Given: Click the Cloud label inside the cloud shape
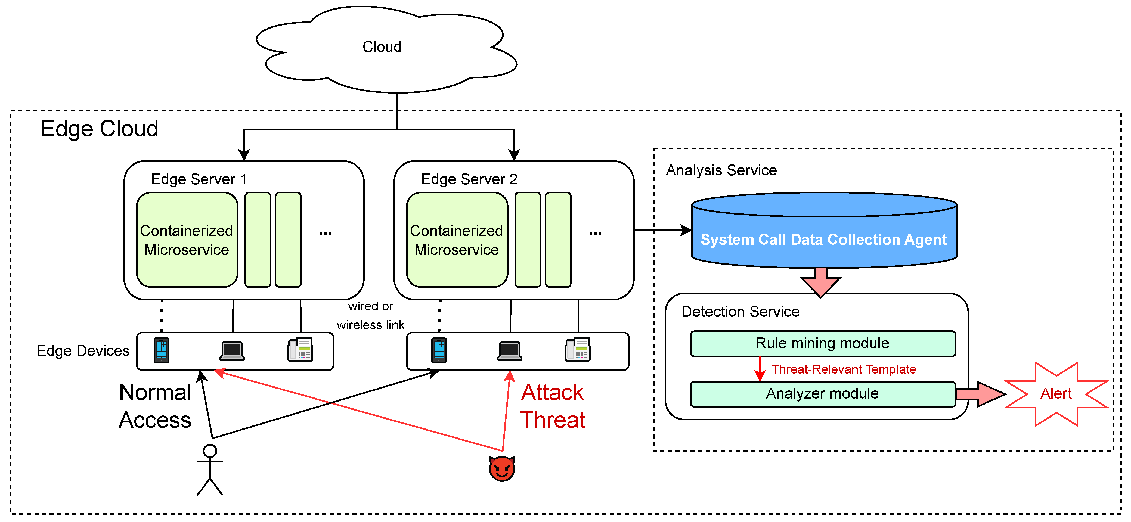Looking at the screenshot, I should click(382, 46).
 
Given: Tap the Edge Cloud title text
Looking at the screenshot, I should click(99, 129).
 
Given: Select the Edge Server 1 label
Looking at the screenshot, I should click(199, 179).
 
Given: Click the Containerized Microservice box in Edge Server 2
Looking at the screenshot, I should click(457, 240).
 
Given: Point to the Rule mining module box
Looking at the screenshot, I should click(822, 343).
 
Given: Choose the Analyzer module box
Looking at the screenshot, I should click(822, 394).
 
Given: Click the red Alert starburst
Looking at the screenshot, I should click(1056, 394).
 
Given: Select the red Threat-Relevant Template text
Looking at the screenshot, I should click(843, 369).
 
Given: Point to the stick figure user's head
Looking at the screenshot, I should click(210, 451).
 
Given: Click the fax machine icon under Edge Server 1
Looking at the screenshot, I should click(300, 350).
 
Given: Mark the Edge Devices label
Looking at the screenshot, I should click(83, 351).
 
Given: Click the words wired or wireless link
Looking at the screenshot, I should click(371, 316).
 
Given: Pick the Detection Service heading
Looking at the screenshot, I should click(740, 312).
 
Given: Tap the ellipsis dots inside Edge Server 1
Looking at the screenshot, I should click(325, 233).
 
